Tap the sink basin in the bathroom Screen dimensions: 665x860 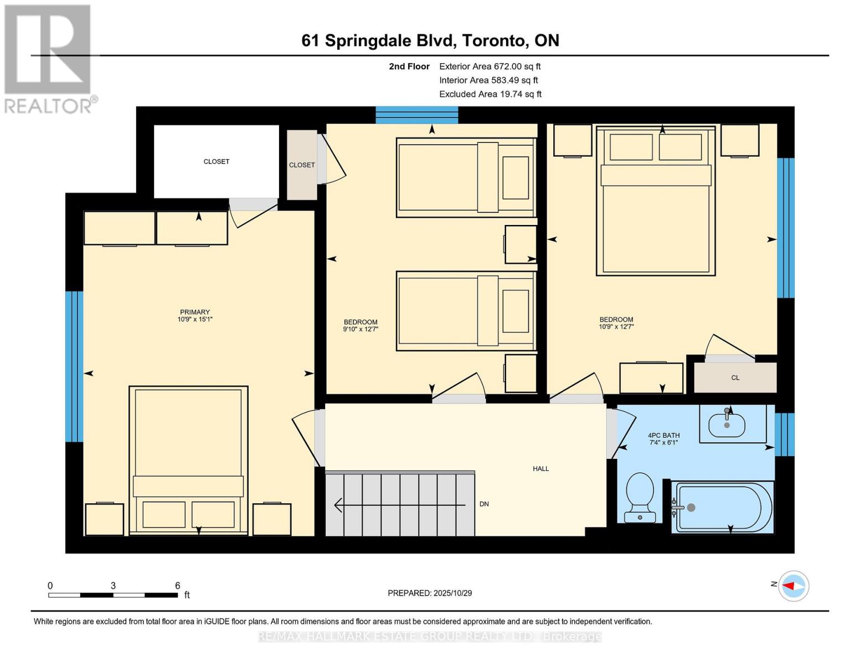coord(727,426)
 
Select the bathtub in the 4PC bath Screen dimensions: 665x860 coord(722,508)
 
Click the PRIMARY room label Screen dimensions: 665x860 coord(194,312)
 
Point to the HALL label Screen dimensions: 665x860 coord(540,469)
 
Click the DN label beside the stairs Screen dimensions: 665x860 coord(484,504)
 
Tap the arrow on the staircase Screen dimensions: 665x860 coord(399,505)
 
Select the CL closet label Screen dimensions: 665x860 coord(735,378)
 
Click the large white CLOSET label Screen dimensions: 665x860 coord(216,162)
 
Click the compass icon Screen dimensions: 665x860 coord(794,586)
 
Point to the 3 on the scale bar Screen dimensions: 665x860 coord(113,586)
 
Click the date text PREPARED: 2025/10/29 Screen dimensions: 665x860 coord(430,593)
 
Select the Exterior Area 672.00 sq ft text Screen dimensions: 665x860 coord(490,66)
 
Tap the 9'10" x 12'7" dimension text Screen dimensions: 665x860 coord(361,329)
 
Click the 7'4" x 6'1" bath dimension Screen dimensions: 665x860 coord(663,443)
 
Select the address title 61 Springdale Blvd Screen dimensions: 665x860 coord(430,40)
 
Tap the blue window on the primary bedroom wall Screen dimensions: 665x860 coord(74,366)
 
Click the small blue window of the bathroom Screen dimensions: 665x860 coord(784,434)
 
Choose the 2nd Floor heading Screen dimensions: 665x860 coord(409,66)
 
